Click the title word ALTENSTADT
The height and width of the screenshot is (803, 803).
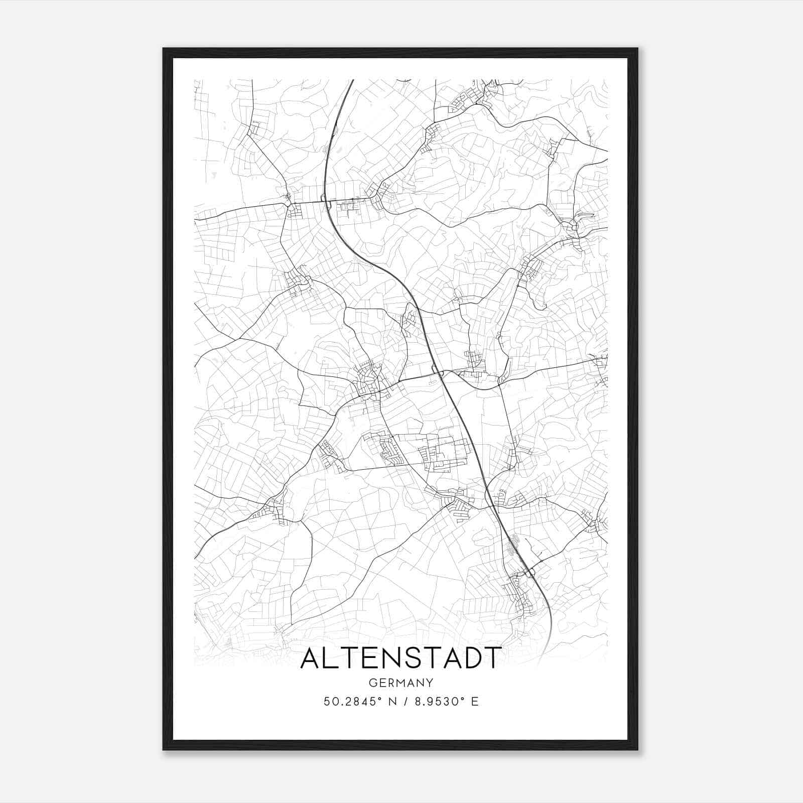400,658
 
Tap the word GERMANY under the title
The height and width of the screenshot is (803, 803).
400,683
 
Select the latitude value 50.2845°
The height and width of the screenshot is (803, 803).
357,702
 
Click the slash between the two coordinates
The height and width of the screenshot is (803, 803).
406,702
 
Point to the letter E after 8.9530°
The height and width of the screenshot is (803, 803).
474,702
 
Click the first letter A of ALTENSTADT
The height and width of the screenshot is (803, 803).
312,658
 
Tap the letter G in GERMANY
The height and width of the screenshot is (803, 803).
372,683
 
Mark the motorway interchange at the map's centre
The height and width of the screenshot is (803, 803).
438,372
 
